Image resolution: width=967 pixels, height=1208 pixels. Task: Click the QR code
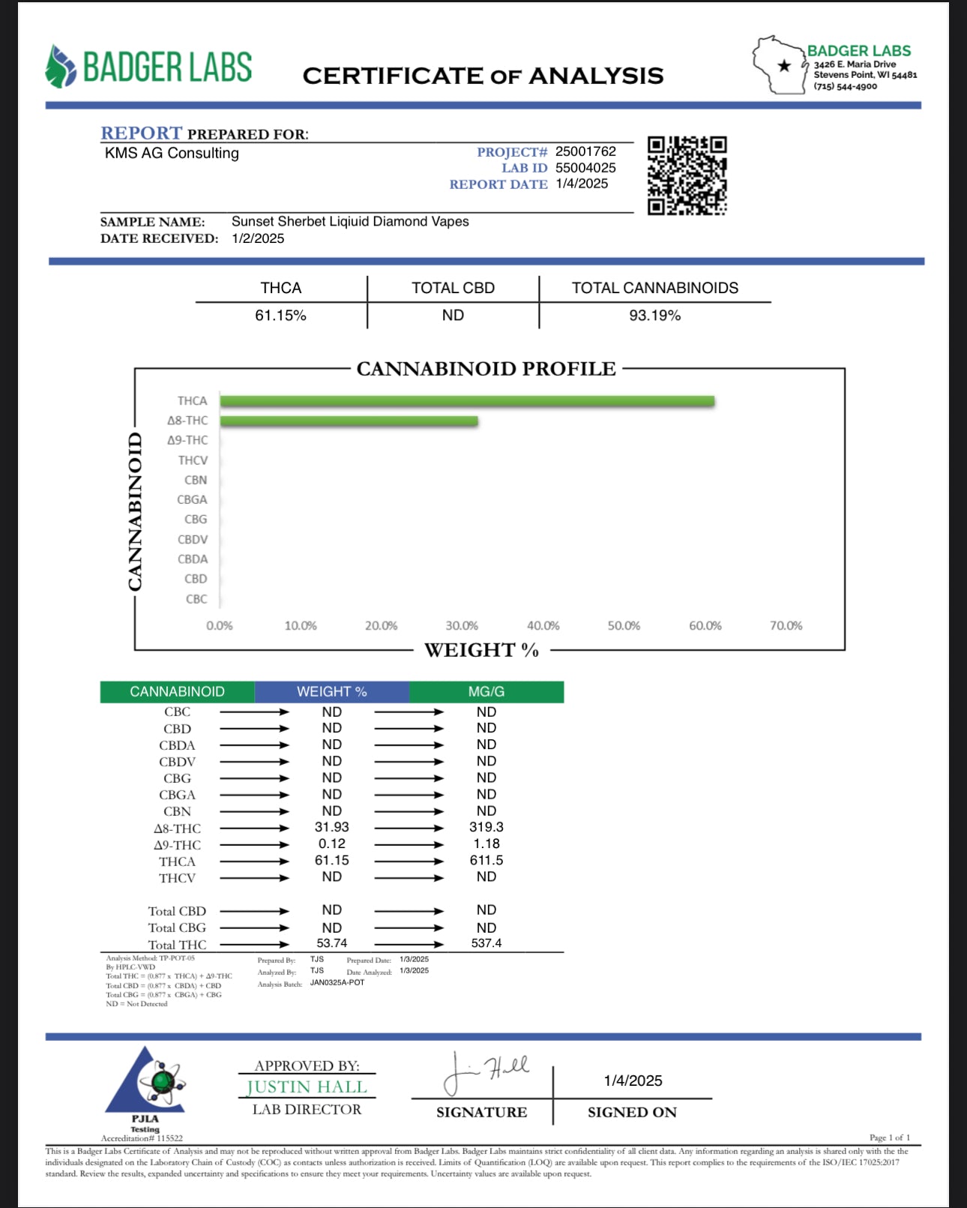[687, 175]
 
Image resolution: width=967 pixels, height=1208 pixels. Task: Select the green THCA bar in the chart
[466, 401]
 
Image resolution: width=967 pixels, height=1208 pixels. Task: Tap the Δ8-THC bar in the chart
[349, 421]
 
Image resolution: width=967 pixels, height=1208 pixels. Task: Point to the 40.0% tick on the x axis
[543, 625]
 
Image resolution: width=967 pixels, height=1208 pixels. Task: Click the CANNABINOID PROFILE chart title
[486, 369]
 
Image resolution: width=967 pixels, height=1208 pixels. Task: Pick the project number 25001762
[585, 151]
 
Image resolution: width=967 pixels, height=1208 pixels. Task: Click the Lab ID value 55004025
[585, 168]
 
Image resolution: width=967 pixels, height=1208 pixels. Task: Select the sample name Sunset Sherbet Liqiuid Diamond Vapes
[350, 221]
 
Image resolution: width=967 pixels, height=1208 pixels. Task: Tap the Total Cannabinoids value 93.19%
[654, 316]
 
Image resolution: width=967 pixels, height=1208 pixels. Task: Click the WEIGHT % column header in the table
[331, 691]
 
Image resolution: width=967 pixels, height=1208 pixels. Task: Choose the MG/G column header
[486, 691]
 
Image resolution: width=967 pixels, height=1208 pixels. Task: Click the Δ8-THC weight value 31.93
[331, 827]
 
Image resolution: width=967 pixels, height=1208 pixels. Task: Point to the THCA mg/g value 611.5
[486, 860]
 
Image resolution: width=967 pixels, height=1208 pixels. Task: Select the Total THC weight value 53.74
[331, 943]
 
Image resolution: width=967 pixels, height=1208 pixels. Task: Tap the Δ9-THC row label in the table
[177, 845]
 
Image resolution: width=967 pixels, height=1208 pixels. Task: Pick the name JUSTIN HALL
[307, 1087]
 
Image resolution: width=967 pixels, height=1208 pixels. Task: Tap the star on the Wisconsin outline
[784, 66]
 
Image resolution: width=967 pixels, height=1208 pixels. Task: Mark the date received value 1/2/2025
[258, 238]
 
